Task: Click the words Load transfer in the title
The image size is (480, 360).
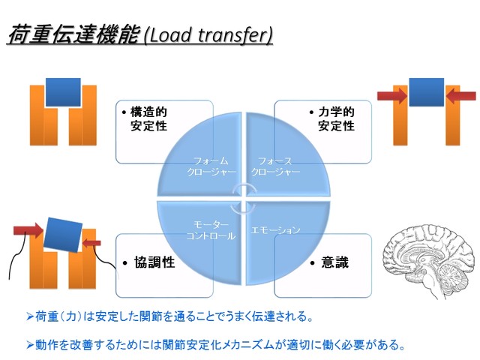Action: coord(208,35)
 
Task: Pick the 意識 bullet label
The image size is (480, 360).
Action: coord(331,263)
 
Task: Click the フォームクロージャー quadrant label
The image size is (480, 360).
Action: coord(211,166)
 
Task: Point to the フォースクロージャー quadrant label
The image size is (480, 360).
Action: coord(276,166)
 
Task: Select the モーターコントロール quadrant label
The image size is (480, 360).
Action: coord(211,230)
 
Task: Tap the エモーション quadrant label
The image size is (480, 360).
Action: coord(277,229)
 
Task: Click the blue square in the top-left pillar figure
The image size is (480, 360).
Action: coord(63,91)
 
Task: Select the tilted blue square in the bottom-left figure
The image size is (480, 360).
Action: coord(62,233)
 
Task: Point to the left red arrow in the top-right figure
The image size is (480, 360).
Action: coord(392,95)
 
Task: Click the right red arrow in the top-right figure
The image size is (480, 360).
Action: coord(460,95)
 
